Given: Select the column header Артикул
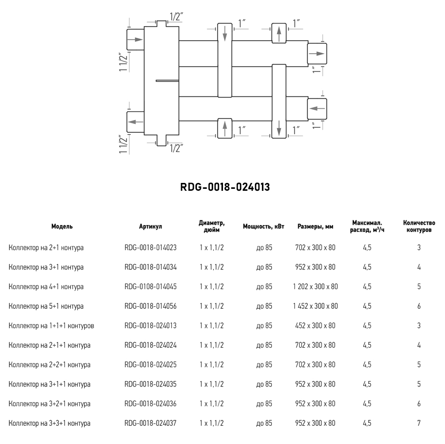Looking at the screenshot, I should click(x=151, y=227).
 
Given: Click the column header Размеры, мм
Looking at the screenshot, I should click(x=316, y=227).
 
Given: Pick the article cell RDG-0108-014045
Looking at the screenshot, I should click(x=151, y=287).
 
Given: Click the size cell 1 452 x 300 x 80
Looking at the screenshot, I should click(x=316, y=306).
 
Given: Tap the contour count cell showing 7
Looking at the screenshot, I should click(x=419, y=423).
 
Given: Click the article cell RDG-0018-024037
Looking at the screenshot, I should click(x=151, y=423).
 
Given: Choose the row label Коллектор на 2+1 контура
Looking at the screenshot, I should click(x=46, y=248).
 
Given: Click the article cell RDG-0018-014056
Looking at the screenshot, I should click(x=151, y=306).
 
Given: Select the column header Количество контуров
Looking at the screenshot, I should click(x=419, y=227).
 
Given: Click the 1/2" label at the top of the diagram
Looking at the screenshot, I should click(x=176, y=17).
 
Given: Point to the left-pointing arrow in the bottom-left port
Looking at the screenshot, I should click(x=134, y=121).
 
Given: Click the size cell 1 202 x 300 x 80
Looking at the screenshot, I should click(x=316, y=287).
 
